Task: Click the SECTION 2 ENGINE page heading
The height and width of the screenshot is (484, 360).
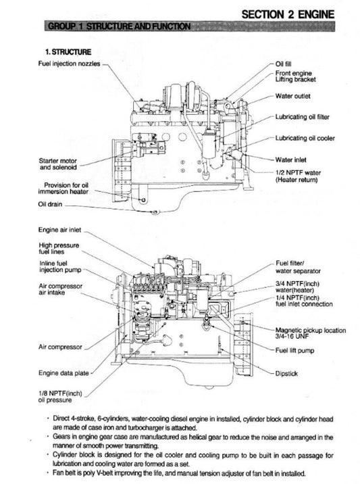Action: coord(299,13)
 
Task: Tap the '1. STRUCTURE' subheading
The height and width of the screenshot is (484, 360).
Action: coord(66,51)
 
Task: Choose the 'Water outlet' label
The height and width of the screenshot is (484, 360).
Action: coord(293,96)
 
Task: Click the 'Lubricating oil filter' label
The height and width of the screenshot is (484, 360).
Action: coord(303,117)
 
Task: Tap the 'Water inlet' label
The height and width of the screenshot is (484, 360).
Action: coord(292,160)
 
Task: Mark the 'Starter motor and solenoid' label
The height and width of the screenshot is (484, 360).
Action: coord(58,164)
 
